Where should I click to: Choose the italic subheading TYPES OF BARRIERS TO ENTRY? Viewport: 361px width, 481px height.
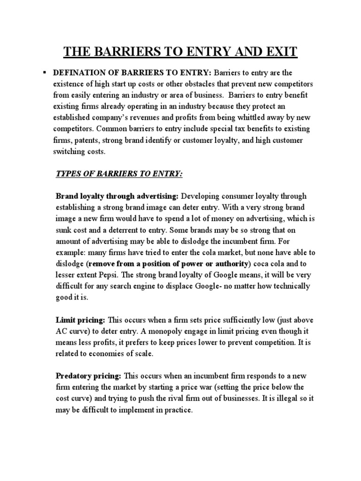tap(119, 174)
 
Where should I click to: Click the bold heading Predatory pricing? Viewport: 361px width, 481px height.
tap(89, 376)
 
